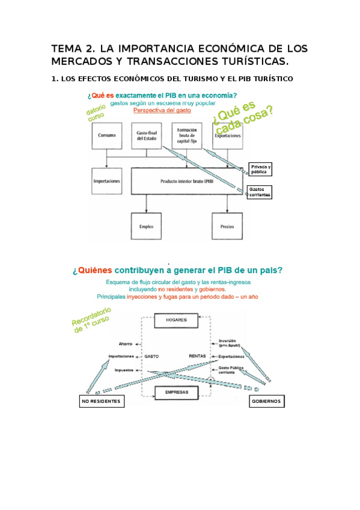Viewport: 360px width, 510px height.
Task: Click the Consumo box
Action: tap(107, 136)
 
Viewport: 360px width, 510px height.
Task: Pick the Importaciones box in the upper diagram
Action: tap(106, 181)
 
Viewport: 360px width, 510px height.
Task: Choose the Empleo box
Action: tap(147, 227)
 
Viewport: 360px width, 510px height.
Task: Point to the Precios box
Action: tap(227, 227)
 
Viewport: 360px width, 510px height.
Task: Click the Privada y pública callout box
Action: tap(260, 170)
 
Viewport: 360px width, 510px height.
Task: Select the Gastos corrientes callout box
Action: tap(260, 192)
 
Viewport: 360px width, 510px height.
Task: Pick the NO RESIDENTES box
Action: tap(102, 401)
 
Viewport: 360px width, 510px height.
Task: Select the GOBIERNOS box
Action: tap(267, 401)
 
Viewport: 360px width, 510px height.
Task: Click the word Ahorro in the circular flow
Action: tap(125, 343)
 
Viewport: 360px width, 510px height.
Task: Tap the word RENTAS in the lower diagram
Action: tap(197, 356)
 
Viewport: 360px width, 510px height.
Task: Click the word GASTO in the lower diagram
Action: tap(151, 356)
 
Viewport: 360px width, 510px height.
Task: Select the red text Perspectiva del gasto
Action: tap(162, 111)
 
